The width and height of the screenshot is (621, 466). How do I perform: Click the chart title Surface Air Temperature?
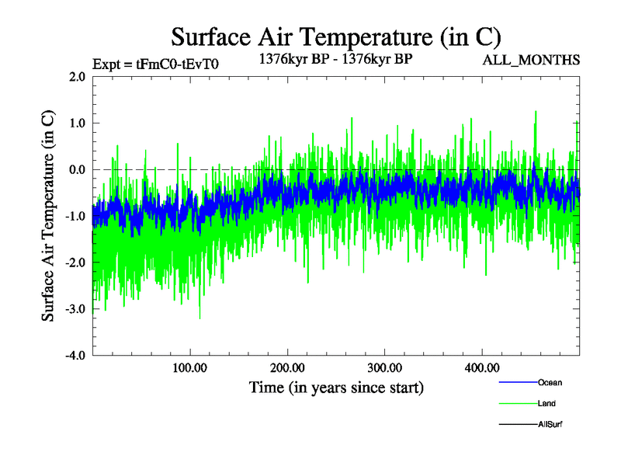pos(335,37)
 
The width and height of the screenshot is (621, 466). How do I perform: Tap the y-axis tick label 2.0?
pos(77,76)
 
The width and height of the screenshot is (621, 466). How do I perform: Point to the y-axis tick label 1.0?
pos(77,123)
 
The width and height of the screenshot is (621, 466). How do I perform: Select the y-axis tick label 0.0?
pos(77,169)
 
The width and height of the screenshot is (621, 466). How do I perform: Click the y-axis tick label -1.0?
pos(75,216)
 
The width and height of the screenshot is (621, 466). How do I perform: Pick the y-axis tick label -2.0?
pos(75,263)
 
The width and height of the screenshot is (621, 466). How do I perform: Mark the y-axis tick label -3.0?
pos(75,309)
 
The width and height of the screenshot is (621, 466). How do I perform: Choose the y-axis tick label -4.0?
pos(75,356)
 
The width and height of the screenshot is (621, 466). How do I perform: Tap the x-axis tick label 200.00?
pos(287,367)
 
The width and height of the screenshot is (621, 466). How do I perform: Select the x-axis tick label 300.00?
pos(384,367)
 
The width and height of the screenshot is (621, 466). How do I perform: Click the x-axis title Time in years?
pos(336,387)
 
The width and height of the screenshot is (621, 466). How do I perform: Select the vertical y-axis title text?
pos(48,216)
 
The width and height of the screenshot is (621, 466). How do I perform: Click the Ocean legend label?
pos(550,383)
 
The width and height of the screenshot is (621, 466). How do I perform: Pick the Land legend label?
pos(546,404)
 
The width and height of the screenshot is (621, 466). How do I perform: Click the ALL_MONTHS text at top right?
pos(531,60)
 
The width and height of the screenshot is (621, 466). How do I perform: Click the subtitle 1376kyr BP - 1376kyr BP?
pos(335,58)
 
